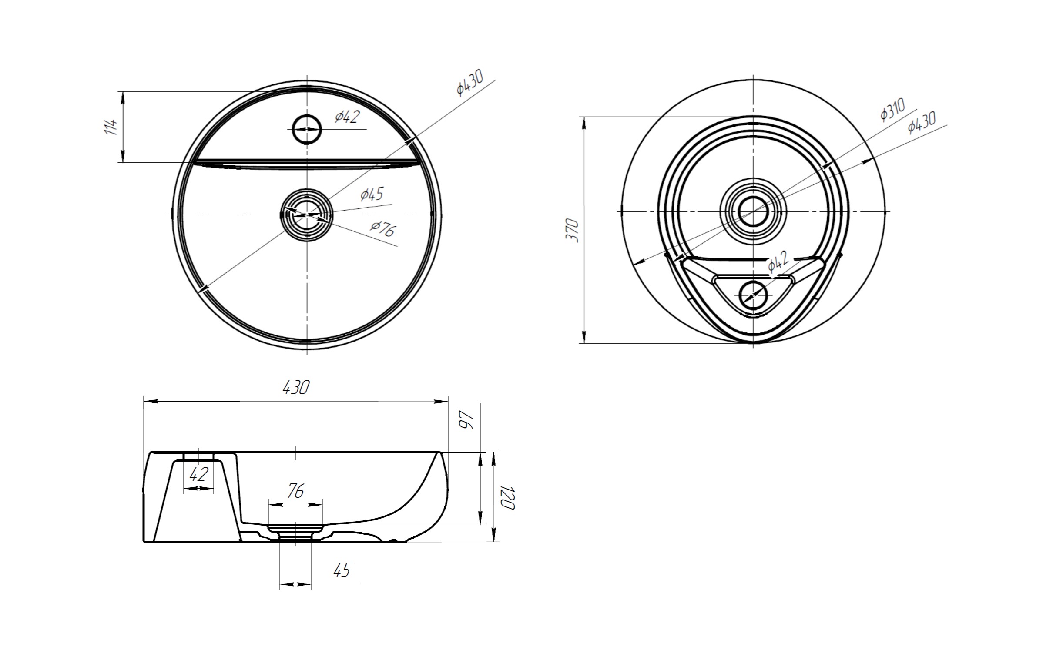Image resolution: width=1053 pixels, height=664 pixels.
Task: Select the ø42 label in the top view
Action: (347, 117)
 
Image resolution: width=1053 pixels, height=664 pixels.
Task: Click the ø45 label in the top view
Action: (372, 194)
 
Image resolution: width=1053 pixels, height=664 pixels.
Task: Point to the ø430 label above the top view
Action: (470, 83)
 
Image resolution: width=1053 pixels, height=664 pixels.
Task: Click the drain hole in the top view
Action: (308, 215)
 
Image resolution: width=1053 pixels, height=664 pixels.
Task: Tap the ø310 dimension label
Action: (893, 110)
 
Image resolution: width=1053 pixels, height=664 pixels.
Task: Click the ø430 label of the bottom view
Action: (922, 122)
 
